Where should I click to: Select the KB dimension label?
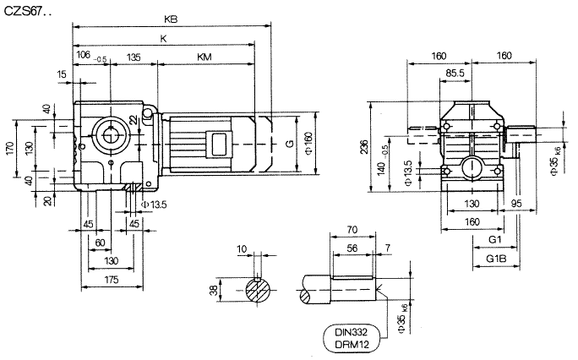[172, 19]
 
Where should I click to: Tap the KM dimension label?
[204, 57]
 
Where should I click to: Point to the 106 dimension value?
[83, 57]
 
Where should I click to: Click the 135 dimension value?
[133, 57]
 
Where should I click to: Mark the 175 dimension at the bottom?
[111, 279]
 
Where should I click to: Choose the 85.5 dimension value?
[455, 74]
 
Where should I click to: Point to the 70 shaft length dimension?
[352, 229]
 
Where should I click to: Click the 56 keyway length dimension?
[352, 248]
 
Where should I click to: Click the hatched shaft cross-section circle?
[259, 291]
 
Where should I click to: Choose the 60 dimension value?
[101, 243]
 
